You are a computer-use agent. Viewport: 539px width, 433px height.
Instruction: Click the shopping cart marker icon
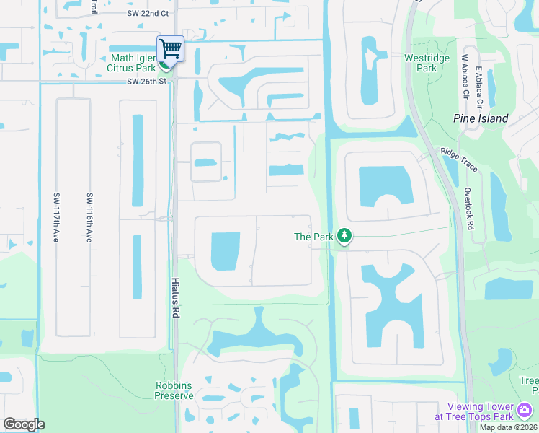[170, 49]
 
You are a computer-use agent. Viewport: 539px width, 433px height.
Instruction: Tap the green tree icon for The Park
[345, 236]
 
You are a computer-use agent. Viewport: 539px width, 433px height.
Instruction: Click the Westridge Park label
[421, 63]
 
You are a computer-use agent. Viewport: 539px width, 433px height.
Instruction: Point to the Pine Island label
[481, 118]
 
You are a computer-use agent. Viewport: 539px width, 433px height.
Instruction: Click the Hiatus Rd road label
[175, 298]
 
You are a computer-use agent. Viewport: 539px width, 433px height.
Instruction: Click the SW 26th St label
[147, 81]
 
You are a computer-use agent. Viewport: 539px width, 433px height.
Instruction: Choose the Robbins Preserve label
[174, 390]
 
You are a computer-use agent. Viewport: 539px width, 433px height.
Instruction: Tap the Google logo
[24, 424]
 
